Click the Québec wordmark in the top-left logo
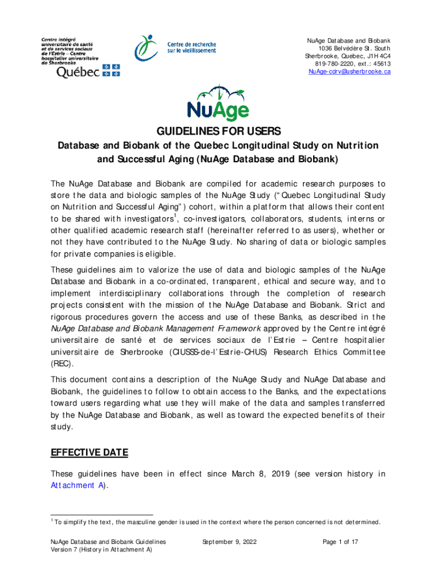[x=79, y=72]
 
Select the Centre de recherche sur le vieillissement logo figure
[x=145, y=47]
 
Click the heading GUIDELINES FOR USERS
[x=218, y=132]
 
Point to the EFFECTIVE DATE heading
[x=89, y=452]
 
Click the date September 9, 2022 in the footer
[x=229, y=542]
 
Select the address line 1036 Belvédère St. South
[x=351, y=49]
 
